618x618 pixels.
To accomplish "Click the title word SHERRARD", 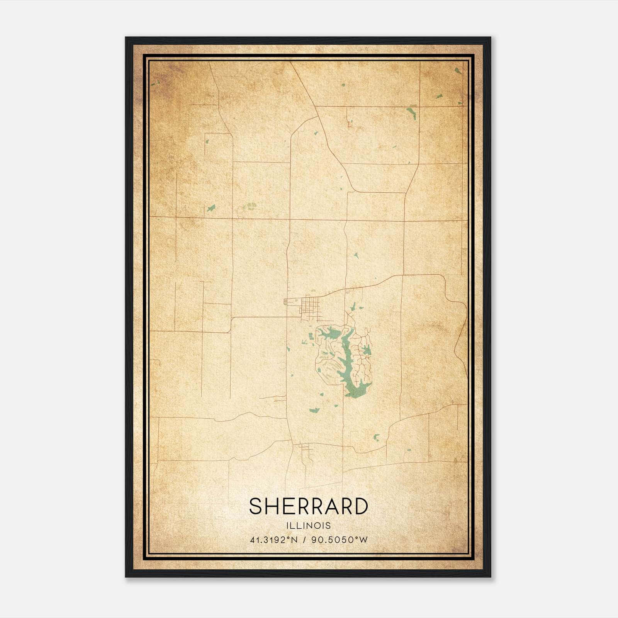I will [308, 506].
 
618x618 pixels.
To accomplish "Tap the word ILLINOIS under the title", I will [309, 526].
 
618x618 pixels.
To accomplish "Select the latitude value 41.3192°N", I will [273, 540].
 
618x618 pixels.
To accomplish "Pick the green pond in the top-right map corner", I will [458, 71].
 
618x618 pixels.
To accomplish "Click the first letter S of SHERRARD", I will [256, 506].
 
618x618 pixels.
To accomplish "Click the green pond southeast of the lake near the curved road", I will [376, 437].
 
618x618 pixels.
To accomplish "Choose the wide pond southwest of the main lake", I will [314, 410].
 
